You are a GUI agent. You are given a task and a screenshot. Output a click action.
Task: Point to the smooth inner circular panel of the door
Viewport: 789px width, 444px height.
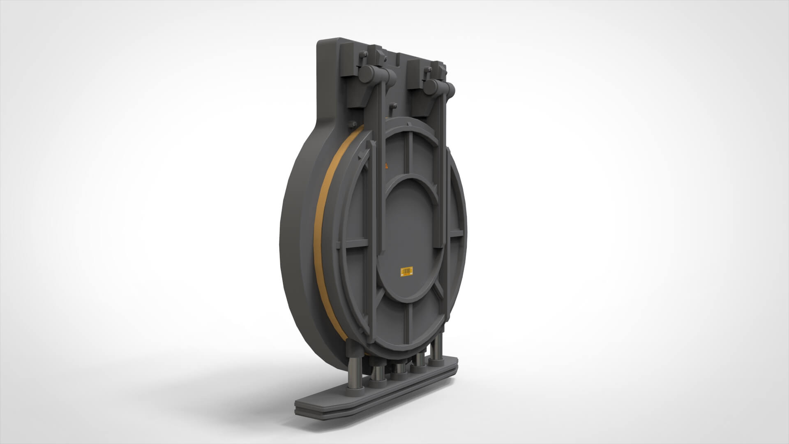coord(411,230)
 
